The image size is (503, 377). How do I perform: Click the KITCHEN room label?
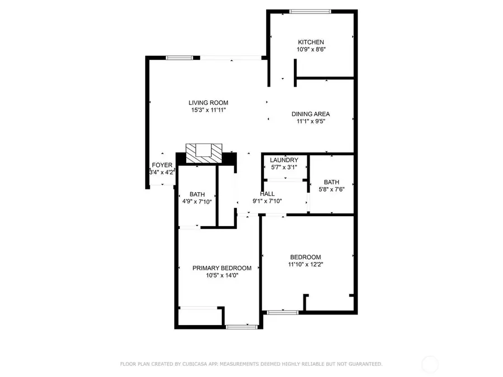click(x=311, y=42)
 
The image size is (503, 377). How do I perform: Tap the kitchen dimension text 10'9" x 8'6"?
click(x=311, y=50)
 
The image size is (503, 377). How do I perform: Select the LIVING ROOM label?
click(x=208, y=103)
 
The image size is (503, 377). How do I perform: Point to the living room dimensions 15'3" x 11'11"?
click(x=208, y=110)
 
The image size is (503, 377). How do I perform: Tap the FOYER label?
click(x=162, y=165)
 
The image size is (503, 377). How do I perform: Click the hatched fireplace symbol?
click(x=204, y=152)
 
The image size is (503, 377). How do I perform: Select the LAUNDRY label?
click(x=284, y=160)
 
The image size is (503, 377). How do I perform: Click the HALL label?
click(x=267, y=194)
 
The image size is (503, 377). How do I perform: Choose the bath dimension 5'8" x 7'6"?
click(x=331, y=189)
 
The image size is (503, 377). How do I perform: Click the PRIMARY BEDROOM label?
click(x=222, y=268)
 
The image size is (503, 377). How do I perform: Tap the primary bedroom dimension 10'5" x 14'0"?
click(x=222, y=275)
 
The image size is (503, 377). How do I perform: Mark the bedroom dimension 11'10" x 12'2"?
click(x=305, y=264)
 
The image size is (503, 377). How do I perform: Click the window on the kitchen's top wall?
click(x=310, y=11)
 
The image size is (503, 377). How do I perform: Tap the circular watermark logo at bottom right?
click(x=430, y=365)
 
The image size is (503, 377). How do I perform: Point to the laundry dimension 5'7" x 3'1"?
click(x=284, y=167)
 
